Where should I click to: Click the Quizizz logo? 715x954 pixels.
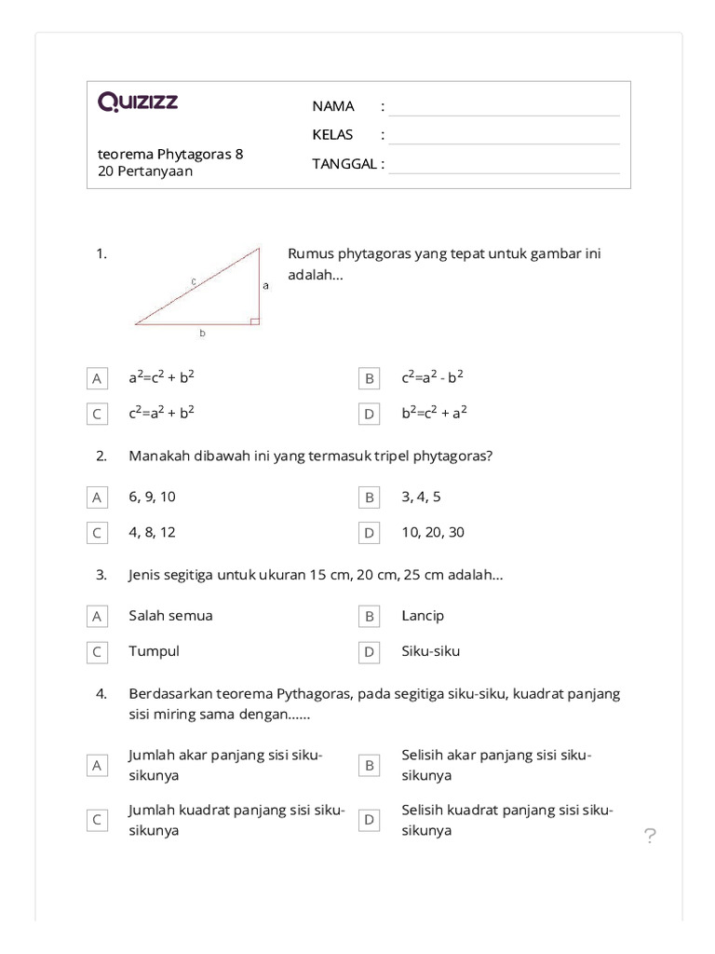pos(138,102)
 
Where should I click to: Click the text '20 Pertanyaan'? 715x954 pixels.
pos(145,171)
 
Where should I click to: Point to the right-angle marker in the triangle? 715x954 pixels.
pos(254,320)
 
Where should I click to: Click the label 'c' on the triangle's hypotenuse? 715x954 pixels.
pos(192,279)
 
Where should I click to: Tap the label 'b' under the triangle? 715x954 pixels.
pos(202,333)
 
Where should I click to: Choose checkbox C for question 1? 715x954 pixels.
pos(96,415)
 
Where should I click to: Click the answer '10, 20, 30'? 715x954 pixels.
pos(433,533)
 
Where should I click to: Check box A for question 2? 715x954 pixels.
pos(96,498)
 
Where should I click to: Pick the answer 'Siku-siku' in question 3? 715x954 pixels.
pos(430,651)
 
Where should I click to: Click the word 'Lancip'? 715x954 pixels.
pos(423,616)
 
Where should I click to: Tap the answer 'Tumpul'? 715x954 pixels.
pos(154,651)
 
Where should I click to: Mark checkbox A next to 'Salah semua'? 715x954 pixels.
pos(96,617)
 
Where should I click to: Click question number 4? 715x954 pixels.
pos(101,694)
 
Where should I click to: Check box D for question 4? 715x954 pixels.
pos(370,820)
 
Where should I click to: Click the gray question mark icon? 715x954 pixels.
pos(650,837)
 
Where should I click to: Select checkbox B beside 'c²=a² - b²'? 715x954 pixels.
pos(370,379)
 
